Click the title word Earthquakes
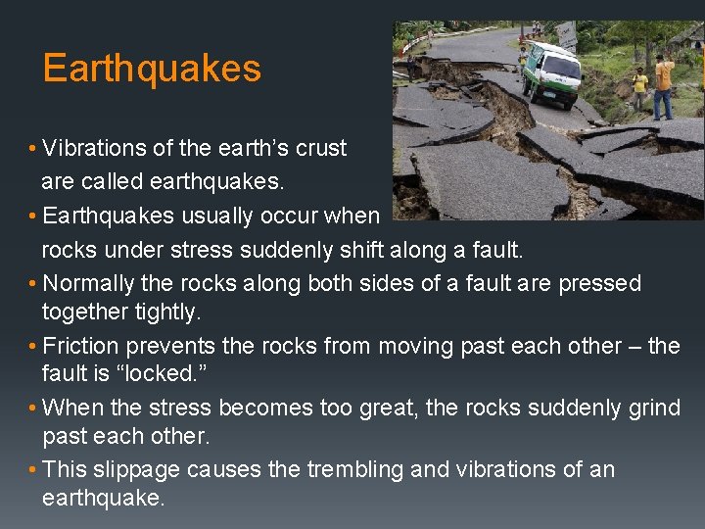coord(152,69)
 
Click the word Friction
coord(79,347)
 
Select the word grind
coord(654,408)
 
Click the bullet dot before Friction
coord(34,347)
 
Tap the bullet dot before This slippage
coord(34,469)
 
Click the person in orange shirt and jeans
coord(665,86)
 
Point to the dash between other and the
coord(634,347)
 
